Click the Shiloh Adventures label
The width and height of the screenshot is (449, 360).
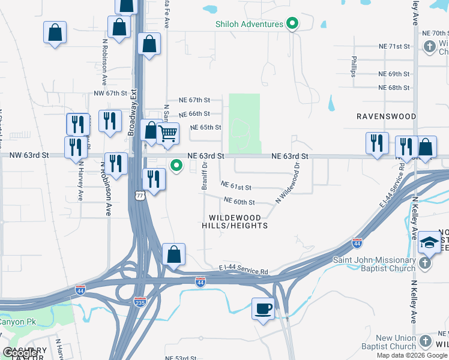coord(249,24)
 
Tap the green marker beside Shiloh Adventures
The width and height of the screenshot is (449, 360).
coord(292,25)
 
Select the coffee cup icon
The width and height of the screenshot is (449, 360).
coord(262,308)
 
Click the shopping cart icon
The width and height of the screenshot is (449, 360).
coord(168,133)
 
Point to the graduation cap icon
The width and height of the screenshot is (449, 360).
coord(429,242)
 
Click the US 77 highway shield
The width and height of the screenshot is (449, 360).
coord(140,196)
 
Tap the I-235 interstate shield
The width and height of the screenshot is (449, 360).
coord(140,302)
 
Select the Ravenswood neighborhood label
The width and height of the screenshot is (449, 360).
coord(386,116)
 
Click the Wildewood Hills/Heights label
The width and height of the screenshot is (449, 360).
coord(238,221)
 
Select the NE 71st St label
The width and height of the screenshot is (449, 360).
coord(394,46)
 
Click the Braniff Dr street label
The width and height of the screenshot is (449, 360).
coord(205,176)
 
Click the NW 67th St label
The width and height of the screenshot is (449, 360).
coord(111,94)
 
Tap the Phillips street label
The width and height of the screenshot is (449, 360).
coord(354,67)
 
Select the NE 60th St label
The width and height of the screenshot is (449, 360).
coord(240,202)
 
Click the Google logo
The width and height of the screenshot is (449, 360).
coord(20,353)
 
